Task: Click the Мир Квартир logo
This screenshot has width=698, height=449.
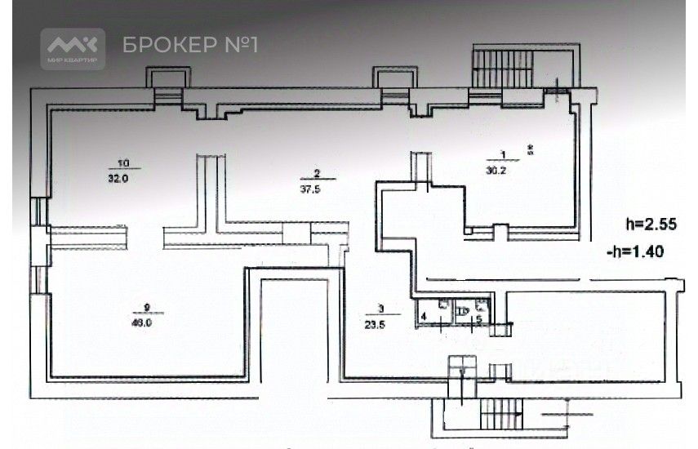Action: (x=73, y=48)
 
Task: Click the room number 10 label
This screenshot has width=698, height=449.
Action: (x=123, y=162)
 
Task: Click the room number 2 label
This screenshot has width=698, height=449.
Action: (x=315, y=172)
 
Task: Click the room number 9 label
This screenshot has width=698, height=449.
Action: (x=147, y=306)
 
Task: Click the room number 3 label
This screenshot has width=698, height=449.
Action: (x=381, y=309)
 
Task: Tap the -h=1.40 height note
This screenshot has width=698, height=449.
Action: (x=638, y=253)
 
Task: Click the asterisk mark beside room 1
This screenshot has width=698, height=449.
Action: (x=529, y=149)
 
